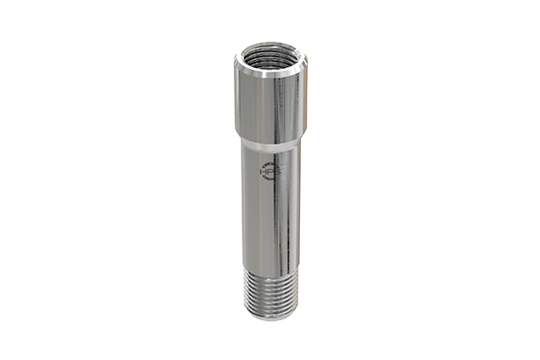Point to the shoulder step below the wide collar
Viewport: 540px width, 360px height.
pos(270,140)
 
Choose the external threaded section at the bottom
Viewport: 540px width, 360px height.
pos(270,291)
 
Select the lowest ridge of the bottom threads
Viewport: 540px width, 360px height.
pos(270,311)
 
